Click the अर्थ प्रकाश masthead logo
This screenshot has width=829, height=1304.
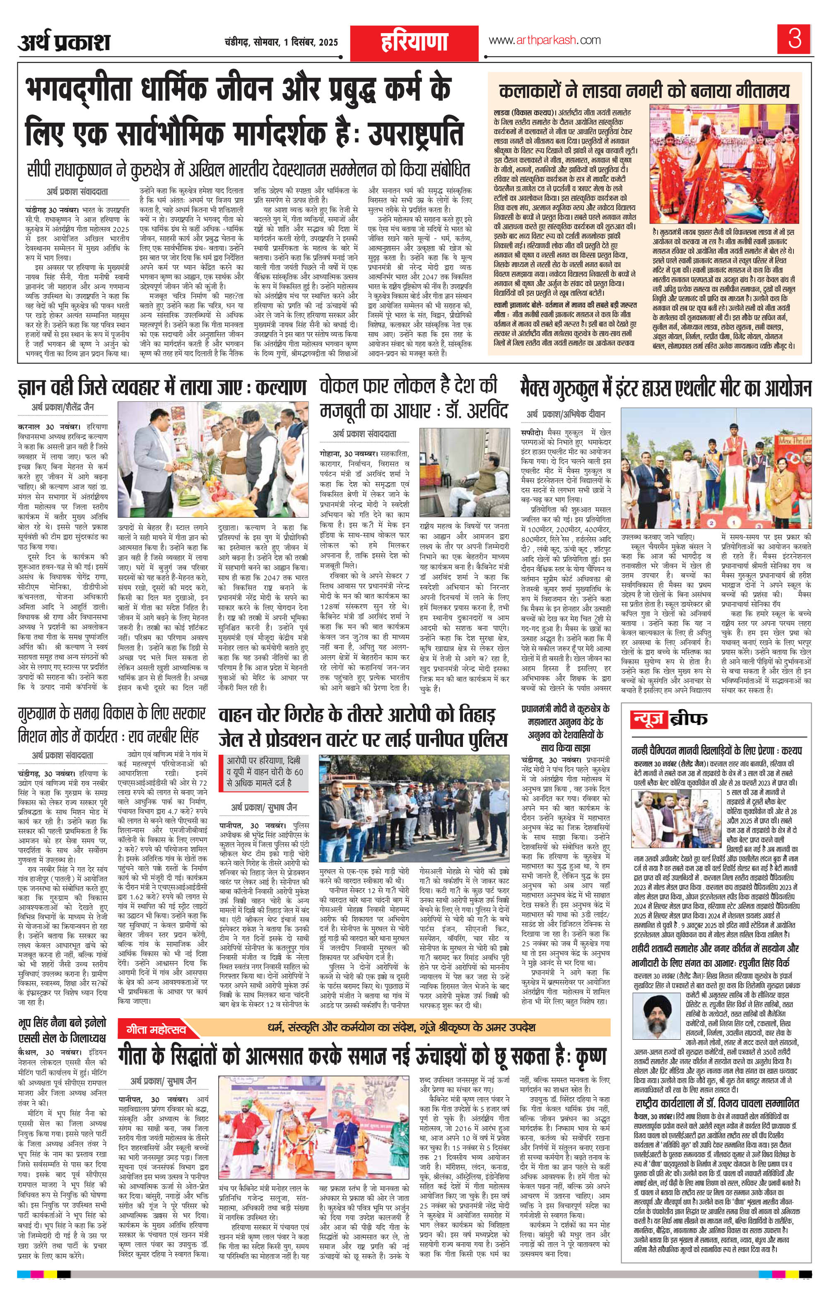tap(64, 42)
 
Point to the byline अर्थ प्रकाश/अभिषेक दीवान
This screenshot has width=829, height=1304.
tap(566, 414)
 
